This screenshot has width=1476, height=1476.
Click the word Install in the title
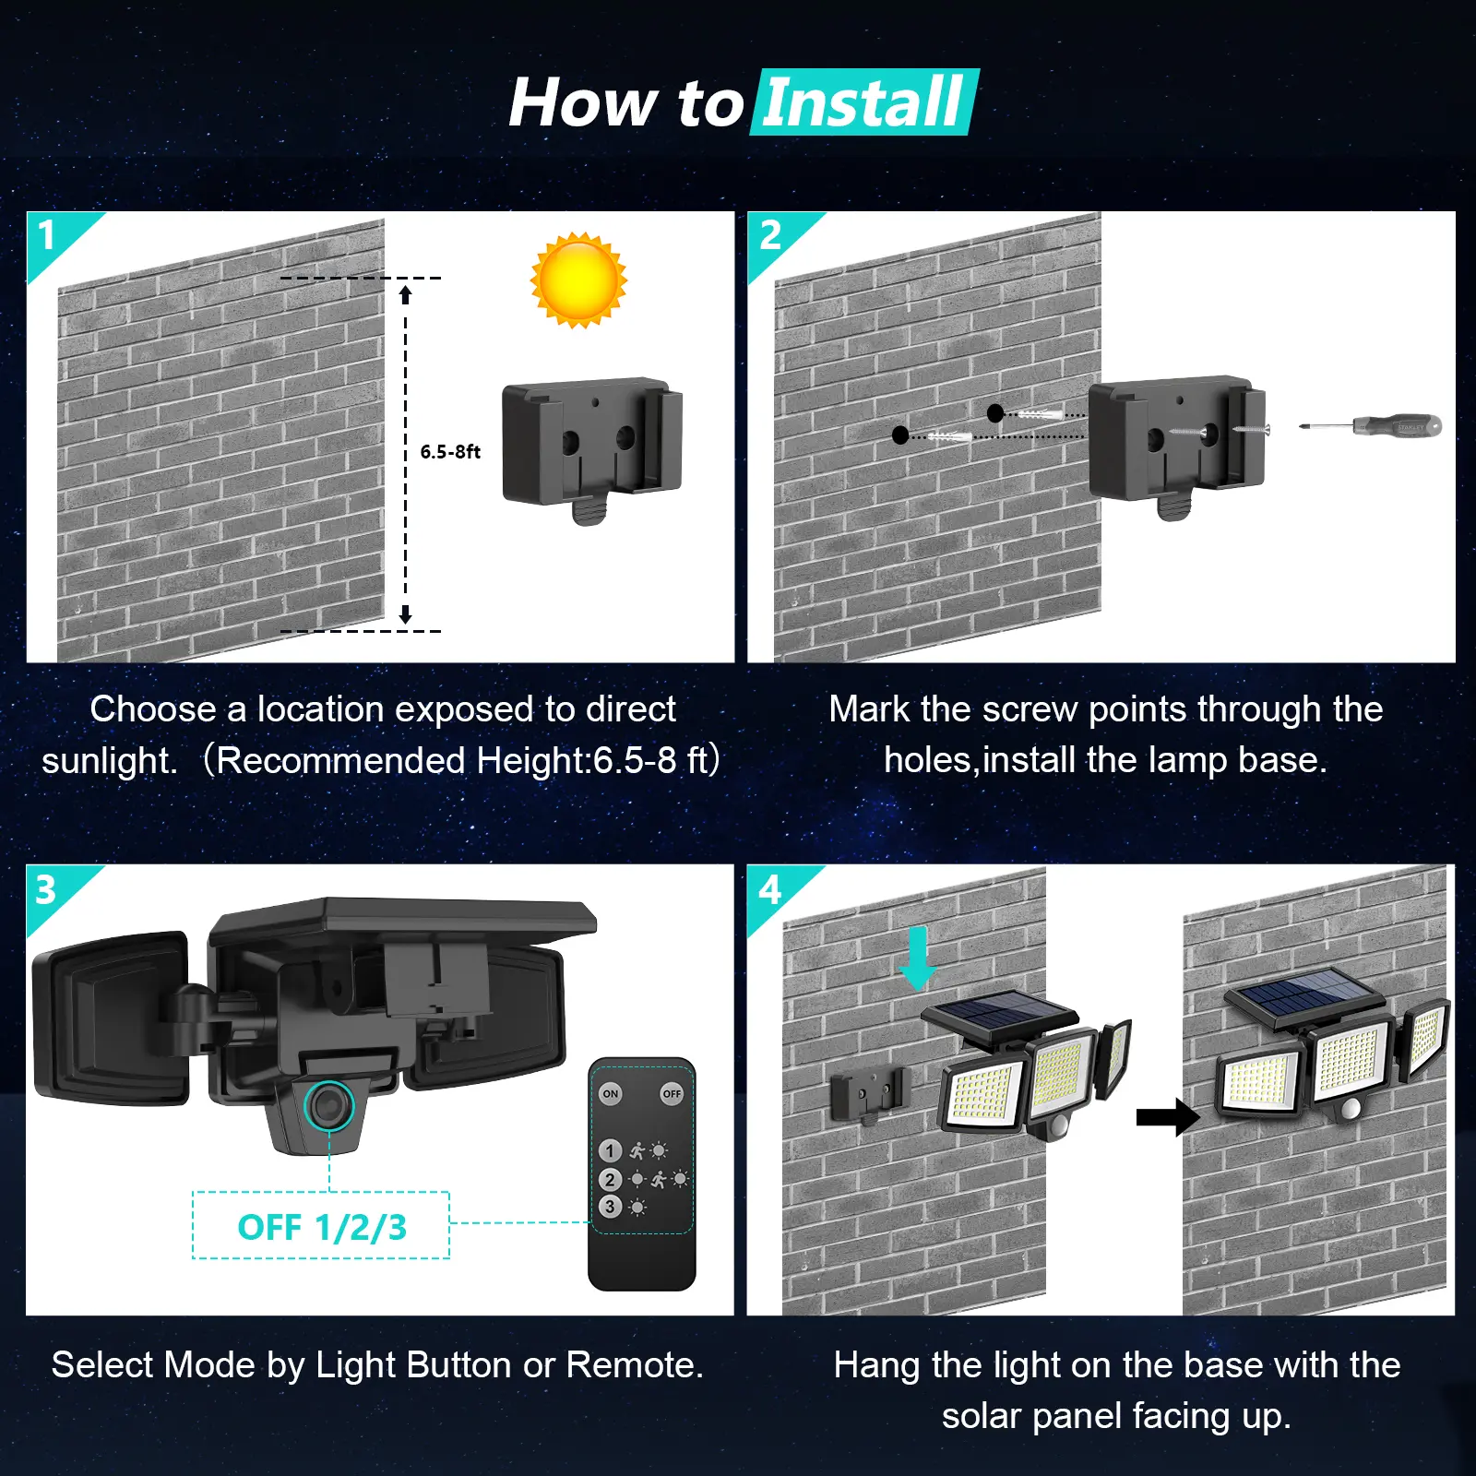tap(863, 102)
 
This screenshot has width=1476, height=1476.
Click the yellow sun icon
tap(578, 280)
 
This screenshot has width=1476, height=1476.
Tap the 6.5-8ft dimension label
tap(450, 451)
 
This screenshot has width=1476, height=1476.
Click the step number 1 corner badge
tap(48, 235)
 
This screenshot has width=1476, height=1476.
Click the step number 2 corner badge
tap(770, 235)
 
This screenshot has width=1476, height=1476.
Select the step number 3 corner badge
tap(46, 890)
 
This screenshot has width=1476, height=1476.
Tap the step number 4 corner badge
tap(769, 890)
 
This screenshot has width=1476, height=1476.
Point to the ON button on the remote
tap(611, 1094)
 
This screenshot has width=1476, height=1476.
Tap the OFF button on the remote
tap(672, 1094)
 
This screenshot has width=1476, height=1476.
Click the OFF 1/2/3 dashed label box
tap(321, 1226)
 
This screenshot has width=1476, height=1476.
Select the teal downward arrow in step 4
tap(917, 959)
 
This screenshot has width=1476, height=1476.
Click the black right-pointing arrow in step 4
tap(1167, 1117)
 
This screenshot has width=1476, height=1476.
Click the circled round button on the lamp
tap(327, 1104)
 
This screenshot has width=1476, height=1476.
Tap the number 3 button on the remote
tap(610, 1207)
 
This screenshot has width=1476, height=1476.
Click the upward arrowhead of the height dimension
tap(405, 294)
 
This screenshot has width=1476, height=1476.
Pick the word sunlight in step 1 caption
tap(109, 761)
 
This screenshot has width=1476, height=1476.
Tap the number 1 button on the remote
tap(610, 1150)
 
